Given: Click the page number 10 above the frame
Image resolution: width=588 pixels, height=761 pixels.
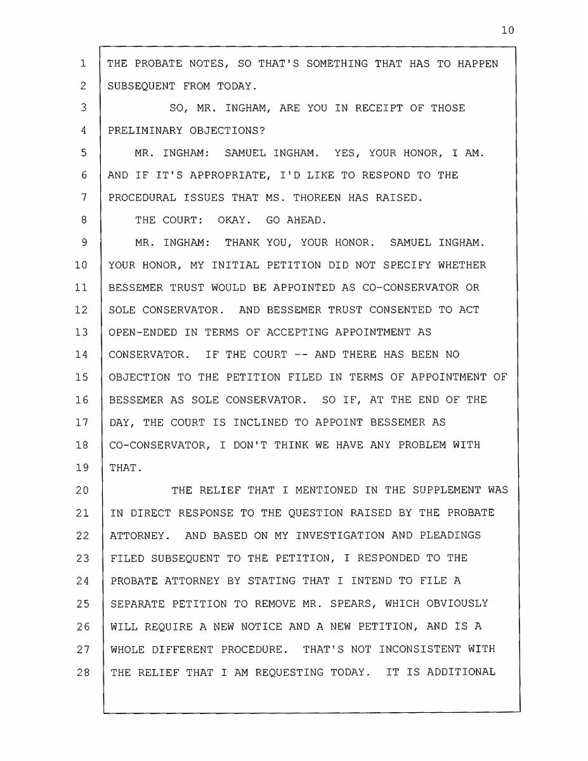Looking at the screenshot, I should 507,30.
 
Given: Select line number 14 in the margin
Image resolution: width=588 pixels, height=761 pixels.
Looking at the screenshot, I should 81,354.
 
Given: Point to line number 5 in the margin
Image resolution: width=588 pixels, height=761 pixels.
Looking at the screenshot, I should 83,153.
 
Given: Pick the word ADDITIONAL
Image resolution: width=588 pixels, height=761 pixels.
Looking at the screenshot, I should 461,672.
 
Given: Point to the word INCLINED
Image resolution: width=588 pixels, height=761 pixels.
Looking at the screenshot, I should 253,422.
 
